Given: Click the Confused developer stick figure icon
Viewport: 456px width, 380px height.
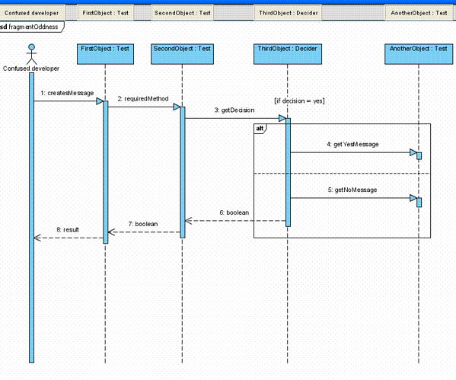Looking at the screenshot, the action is pyautogui.click(x=31, y=54).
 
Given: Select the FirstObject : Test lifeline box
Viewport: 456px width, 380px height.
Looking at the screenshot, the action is pyautogui.click(x=105, y=54).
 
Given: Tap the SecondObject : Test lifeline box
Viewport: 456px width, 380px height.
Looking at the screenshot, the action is pyautogui.click(x=182, y=54).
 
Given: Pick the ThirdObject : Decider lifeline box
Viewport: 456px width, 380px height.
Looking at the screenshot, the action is pyautogui.click(x=288, y=54).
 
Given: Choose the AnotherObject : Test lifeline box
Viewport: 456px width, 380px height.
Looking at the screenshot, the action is pyautogui.click(x=419, y=54).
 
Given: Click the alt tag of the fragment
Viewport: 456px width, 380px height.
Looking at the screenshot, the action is pyautogui.click(x=260, y=129).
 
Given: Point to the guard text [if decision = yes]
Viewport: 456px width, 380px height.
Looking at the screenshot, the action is pyautogui.click(x=299, y=101).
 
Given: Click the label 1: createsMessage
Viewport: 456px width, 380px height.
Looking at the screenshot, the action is pyautogui.click(x=67, y=93).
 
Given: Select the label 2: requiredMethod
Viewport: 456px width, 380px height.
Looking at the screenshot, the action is pyautogui.click(x=143, y=99).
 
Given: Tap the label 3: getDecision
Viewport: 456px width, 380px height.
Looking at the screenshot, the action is pyautogui.click(x=234, y=110).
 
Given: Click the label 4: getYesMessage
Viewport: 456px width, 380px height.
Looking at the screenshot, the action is pyautogui.click(x=352, y=145).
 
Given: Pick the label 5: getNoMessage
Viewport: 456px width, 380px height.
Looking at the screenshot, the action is pyautogui.click(x=352, y=190).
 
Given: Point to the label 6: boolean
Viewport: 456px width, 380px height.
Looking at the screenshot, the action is pyautogui.click(x=234, y=212).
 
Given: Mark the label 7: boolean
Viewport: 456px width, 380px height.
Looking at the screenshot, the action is pyautogui.click(x=143, y=224).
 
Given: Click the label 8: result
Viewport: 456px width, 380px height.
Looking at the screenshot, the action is pyautogui.click(x=68, y=230).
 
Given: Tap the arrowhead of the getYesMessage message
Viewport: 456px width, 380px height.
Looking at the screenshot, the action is pyautogui.click(x=413, y=152).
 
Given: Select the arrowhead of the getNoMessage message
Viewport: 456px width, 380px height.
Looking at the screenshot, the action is pyautogui.click(x=413, y=198).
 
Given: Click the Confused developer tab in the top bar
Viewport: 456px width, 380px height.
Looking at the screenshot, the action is pyautogui.click(x=32, y=13).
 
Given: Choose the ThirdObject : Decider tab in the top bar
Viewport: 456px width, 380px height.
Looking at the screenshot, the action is pyautogui.click(x=289, y=13).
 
